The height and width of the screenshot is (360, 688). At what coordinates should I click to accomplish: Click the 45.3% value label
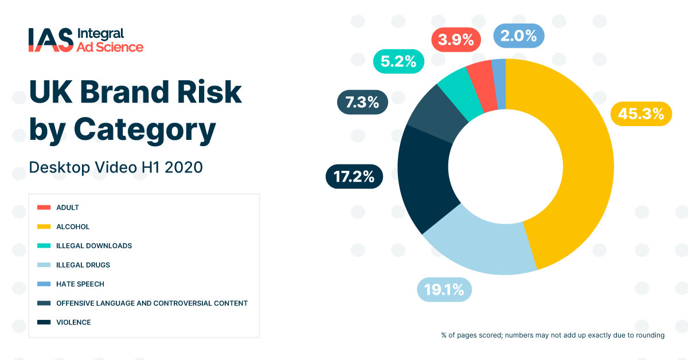[x=641, y=114]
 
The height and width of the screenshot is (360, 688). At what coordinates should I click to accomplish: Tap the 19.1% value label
[x=444, y=289]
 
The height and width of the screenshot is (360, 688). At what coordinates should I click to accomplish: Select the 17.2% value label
[x=354, y=177]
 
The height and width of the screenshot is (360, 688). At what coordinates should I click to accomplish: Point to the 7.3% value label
[x=362, y=103]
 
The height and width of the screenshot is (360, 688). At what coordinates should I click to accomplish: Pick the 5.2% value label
[x=398, y=61]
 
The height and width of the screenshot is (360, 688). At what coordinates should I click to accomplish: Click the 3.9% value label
[x=456, y=40]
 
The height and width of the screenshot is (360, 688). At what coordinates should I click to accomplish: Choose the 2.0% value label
[x=518, y=36]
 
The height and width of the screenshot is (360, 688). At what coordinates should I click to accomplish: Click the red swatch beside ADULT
[x=44, y=208]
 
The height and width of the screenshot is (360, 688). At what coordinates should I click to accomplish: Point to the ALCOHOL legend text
[x=73, y=226]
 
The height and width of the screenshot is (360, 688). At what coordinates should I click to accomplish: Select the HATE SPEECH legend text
[x=80, y=284]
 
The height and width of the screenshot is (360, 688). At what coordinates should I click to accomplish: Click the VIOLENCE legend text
[x=73, y=322]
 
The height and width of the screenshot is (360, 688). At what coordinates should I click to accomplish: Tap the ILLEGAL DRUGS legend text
[x=83, y=265]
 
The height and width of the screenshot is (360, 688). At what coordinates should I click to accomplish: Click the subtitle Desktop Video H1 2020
[x=116, y=167]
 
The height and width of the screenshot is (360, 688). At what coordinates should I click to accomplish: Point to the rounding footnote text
[x=553, y=335]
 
